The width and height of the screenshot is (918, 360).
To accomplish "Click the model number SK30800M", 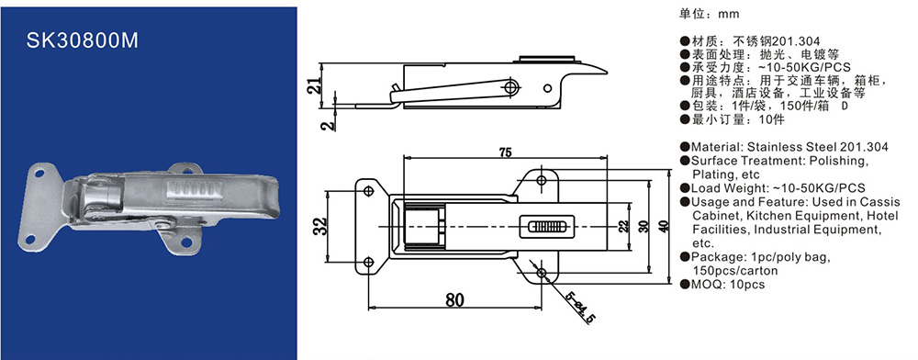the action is point(83,40).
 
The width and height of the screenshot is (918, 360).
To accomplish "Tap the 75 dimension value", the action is point(505,152).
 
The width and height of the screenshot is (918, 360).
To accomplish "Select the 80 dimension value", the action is point(454,300).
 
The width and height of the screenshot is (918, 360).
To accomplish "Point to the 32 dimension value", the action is point(319,226).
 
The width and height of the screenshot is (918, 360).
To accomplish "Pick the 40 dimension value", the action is point(663,225).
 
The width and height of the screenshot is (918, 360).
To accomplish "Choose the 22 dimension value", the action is point(623,225).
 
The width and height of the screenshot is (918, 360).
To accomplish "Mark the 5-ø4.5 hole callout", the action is point(581,307).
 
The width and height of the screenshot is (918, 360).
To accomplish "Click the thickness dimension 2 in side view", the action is point(330,124).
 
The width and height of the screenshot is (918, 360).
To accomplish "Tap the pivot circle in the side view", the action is point(511,87).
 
